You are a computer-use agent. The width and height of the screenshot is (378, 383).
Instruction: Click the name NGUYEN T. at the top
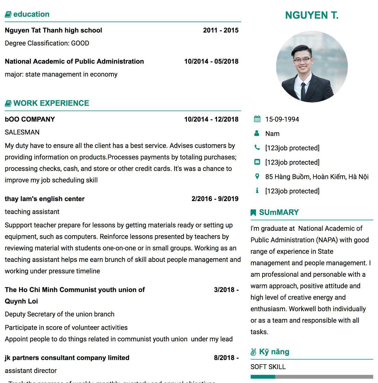(x=312, y=15)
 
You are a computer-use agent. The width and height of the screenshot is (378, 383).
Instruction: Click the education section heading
(x=31, y=14)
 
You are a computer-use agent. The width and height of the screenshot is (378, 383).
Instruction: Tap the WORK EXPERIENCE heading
(x=51, y=103)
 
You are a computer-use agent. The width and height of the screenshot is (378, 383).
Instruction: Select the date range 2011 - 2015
(x=220, y=30)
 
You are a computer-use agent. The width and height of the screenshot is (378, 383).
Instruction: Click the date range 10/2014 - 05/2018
(x=211, y=62)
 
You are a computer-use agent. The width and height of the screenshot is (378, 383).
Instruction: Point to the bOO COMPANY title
(x=30, y=119)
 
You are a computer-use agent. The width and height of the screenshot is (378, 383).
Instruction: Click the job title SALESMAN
(x=22, y=132)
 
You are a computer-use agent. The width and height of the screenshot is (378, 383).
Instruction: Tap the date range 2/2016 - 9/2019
(x=215, y=199)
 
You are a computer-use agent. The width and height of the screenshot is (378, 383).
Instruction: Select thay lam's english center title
(x=45, y=199)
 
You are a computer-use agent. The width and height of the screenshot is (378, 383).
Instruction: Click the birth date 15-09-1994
(x=282, y=119)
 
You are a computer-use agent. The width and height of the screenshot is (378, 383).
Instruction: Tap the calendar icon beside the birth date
(x=257, y=119)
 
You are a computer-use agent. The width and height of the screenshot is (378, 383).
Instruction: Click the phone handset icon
(x=257, y=147)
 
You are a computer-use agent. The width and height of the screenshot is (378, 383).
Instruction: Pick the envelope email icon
(x=257, y=162)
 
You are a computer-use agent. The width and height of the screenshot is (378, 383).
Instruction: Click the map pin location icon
(x=257, y=176)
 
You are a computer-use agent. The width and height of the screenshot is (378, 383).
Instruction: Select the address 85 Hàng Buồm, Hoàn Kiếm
(x=316, y=177)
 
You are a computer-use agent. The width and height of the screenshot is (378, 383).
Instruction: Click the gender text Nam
(x=272, y=134)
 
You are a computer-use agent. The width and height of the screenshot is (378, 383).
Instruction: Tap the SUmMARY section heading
(x=279, y=212)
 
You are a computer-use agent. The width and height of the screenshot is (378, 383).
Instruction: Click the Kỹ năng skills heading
(x=274, y=352)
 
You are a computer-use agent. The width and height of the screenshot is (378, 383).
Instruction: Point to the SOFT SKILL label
(x=268, y=367)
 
